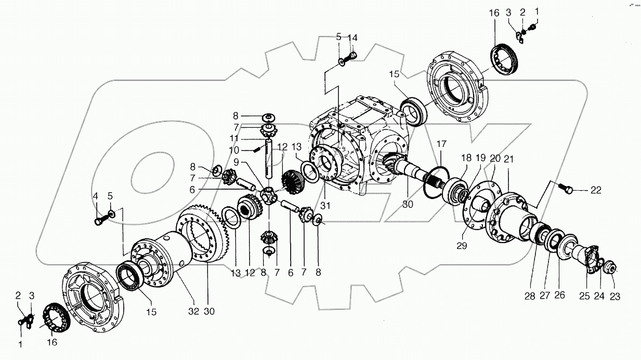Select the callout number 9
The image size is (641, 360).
[x=236, y=162]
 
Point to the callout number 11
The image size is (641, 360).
[x=236, y=139]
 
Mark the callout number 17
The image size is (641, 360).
[x=441, y=143]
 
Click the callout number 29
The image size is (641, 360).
[x=462, y=245]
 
